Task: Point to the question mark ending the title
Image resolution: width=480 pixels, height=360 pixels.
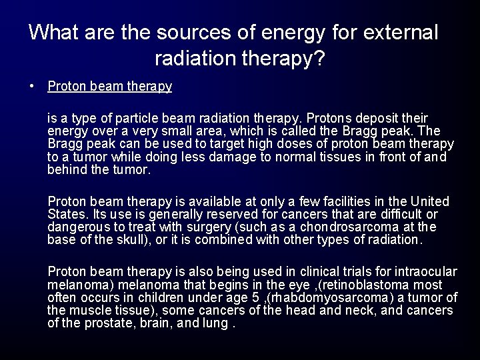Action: (319, 60)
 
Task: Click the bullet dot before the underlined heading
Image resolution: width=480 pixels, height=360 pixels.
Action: (32, 86)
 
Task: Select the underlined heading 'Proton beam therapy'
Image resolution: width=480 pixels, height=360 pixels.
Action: (110, 87)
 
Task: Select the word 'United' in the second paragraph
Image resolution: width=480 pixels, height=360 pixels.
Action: (431, 201)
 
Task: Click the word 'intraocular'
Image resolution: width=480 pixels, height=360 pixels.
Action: (425, 271)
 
